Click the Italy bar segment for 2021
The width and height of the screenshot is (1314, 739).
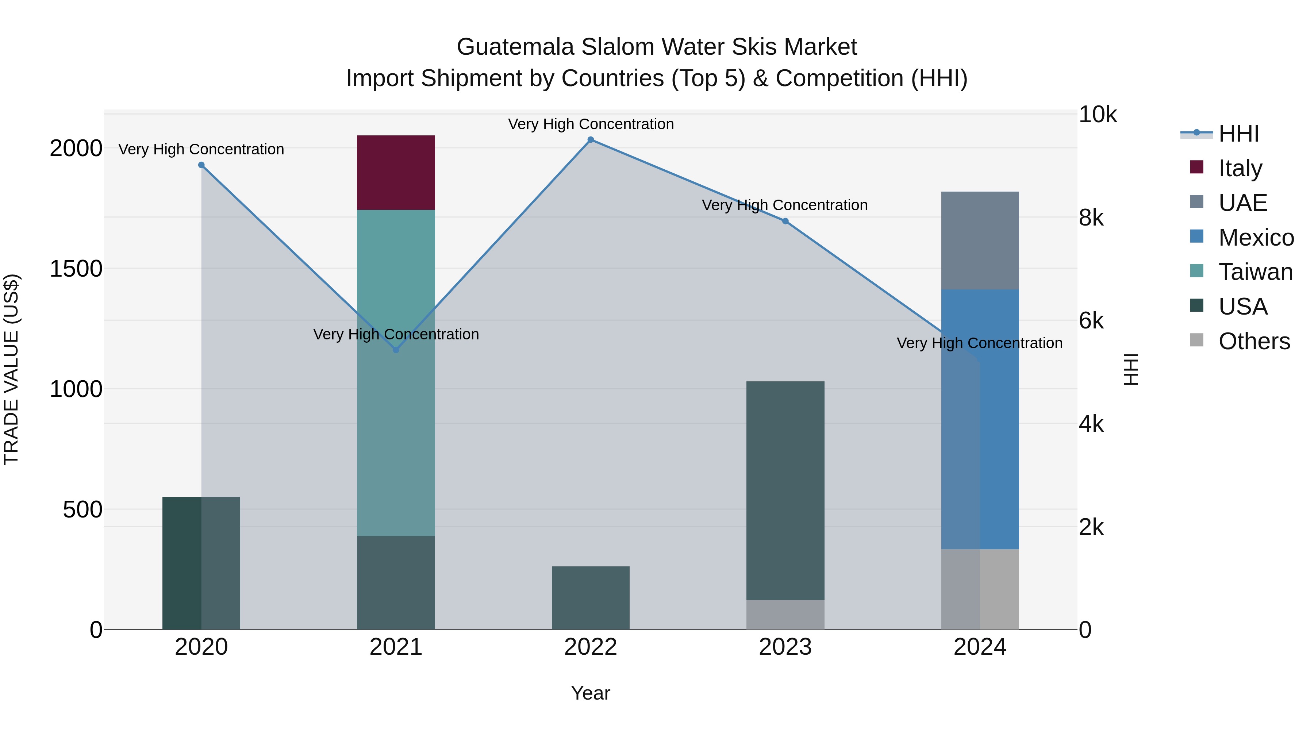tap(395, 172)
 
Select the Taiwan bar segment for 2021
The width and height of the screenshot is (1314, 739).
tap(395, 372)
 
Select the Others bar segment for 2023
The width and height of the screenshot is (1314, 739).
tap(785, 614)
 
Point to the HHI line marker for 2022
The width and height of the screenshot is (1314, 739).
tap(590, 140)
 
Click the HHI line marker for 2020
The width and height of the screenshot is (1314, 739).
tap(201, 165)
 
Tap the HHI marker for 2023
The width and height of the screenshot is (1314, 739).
tap(785, 222)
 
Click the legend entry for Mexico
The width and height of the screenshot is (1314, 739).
tap(1255, 238)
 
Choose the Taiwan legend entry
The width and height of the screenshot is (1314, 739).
tap(1255, 272)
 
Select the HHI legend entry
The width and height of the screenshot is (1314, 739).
tap(1238, 134)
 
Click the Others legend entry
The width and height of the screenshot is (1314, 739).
tap(1253, 342)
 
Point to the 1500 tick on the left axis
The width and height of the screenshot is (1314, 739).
tap(76, 269)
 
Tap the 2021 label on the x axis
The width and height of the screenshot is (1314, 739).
tap(395, 647)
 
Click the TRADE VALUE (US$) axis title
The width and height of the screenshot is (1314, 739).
tap(12, 369)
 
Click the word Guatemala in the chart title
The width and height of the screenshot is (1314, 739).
tap(515, 47)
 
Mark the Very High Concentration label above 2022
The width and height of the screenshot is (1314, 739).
tap(591, 124)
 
